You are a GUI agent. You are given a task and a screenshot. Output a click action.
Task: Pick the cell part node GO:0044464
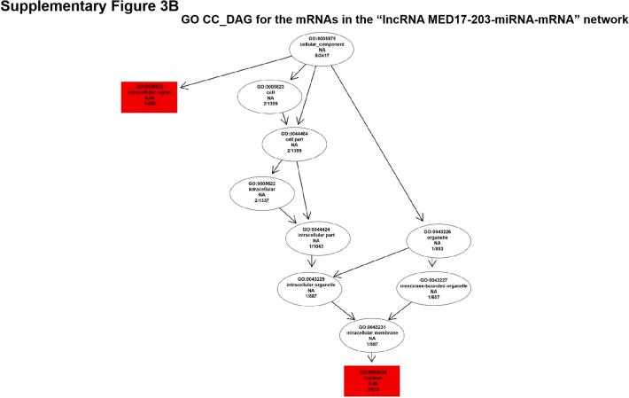(x=296, y=143)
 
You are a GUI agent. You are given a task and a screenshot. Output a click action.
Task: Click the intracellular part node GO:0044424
(x=313, y=239)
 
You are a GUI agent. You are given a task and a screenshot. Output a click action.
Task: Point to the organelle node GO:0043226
(x=436, y=239)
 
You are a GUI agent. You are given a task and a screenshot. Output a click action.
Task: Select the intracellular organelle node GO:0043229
(x=311, y=288)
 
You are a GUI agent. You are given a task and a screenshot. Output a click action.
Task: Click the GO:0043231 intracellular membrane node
(x=374, y=334)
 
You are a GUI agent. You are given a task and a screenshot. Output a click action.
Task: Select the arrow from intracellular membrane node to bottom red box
(x=374, y=357)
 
